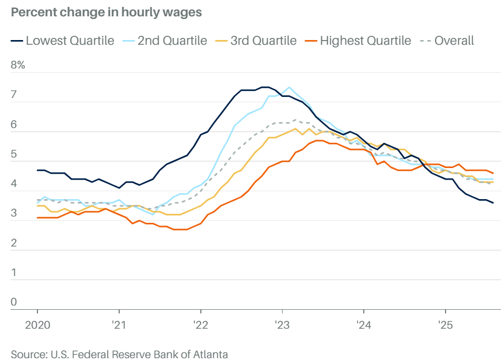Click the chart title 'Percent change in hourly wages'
click(x=106, y=13)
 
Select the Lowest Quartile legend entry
click(x=62, y=41)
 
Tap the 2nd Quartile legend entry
click(x=165, y=41)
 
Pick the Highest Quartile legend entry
click(x=358, y=41)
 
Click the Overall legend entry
click(x=447, y=41)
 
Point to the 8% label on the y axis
click(x=18, y=66)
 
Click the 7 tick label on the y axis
click(x=14, y=96)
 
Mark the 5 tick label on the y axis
click(x=14, y=155)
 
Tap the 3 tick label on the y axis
click(x=14, y=214)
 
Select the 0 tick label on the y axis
click(x=14, y=303)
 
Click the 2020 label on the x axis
click(x=37, y=324)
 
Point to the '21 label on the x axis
click(x=119, y=324)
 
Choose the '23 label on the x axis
click(x=282, y=324)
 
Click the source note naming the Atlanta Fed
click(x=119, y=354)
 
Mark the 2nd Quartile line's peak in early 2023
click(x=289, y=87)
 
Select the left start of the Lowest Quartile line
click(x=37, y=170)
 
